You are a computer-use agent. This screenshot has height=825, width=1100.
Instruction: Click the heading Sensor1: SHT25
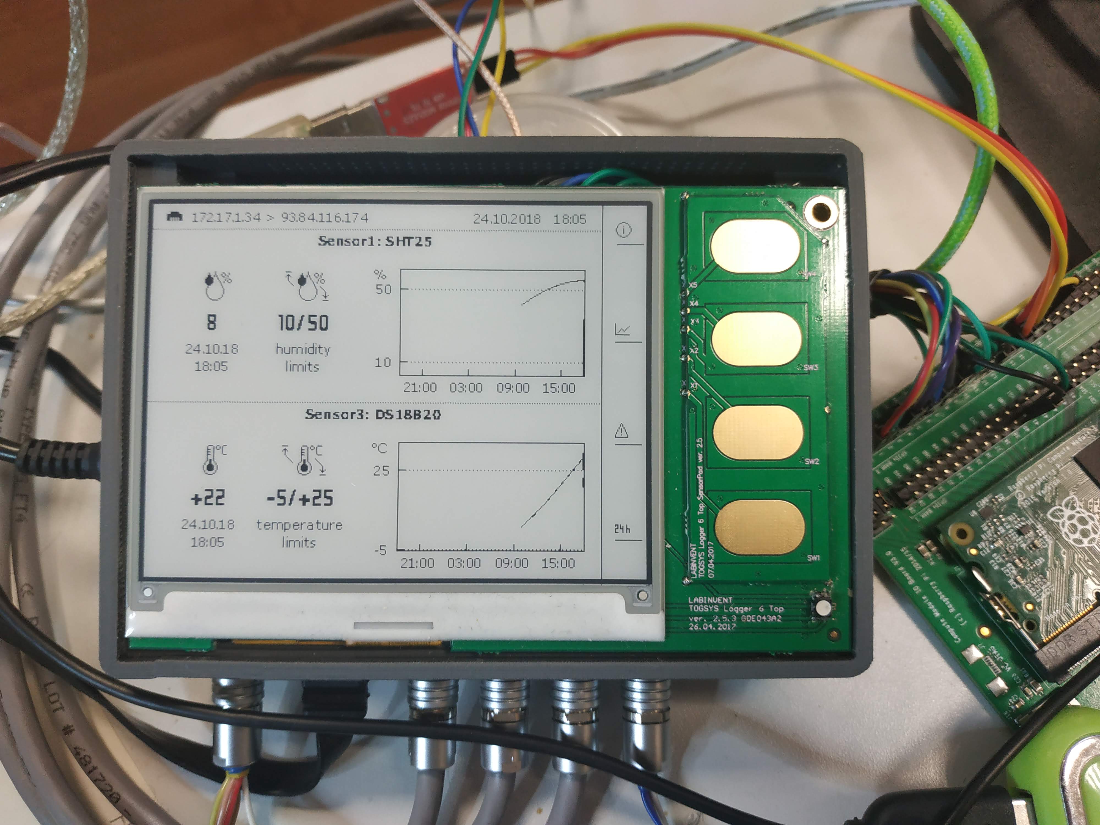[375, 242]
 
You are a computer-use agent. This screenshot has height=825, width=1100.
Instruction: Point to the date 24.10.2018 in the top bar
[506, 219]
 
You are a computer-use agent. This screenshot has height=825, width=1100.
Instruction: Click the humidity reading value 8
[212, 323]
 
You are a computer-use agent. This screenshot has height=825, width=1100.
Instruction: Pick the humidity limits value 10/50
[303, 323]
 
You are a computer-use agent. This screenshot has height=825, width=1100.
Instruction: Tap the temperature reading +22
[208, 498]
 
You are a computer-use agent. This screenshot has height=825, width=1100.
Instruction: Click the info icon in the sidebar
[624, 230]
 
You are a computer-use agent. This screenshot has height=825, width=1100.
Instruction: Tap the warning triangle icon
[621, 431]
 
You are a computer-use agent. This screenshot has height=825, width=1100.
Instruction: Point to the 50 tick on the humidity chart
[383, 289]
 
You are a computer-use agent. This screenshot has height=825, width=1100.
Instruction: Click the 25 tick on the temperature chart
[381, 471]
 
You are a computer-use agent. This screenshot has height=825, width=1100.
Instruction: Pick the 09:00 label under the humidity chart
[513, 388]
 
